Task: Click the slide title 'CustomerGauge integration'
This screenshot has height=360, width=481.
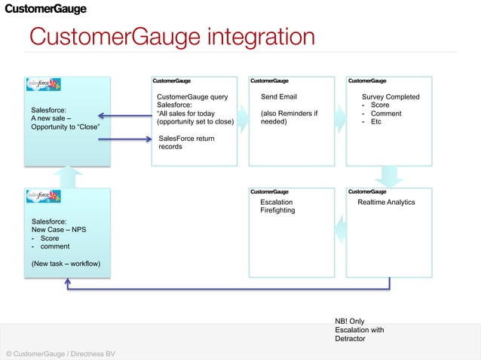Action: point(171,37)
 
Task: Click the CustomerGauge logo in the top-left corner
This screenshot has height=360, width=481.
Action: point(46,9)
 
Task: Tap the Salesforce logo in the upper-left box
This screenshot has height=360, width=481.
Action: point(44,87)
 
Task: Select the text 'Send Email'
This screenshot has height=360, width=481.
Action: point(278,97)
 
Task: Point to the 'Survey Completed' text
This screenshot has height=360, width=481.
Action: point(391,97)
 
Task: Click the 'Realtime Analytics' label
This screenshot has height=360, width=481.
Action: point(386,203)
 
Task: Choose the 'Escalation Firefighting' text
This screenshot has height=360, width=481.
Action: point(277,206)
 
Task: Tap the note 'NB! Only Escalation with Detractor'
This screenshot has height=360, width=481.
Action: point(360,330)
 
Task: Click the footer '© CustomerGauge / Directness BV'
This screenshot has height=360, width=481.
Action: point(60,353)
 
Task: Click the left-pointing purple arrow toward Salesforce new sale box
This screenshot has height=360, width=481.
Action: point(124,116)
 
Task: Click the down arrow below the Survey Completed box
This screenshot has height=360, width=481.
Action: point(389,177)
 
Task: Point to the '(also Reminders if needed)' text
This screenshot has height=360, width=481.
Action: point(289,117)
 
